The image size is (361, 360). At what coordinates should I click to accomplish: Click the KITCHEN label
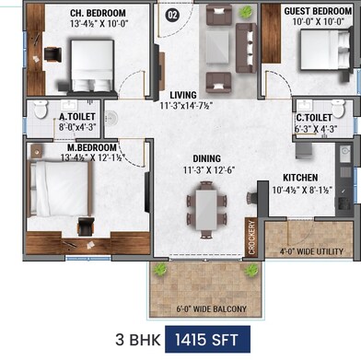[301, 178]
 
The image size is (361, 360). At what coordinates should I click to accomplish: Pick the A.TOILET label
[76, 117]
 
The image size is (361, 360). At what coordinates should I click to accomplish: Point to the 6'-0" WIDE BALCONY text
[208, 308]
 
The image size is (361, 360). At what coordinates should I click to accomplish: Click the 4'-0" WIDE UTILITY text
[309, 250]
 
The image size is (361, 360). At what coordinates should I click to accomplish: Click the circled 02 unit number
[171, 14]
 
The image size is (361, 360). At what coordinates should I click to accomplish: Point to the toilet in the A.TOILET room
[40, 111]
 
